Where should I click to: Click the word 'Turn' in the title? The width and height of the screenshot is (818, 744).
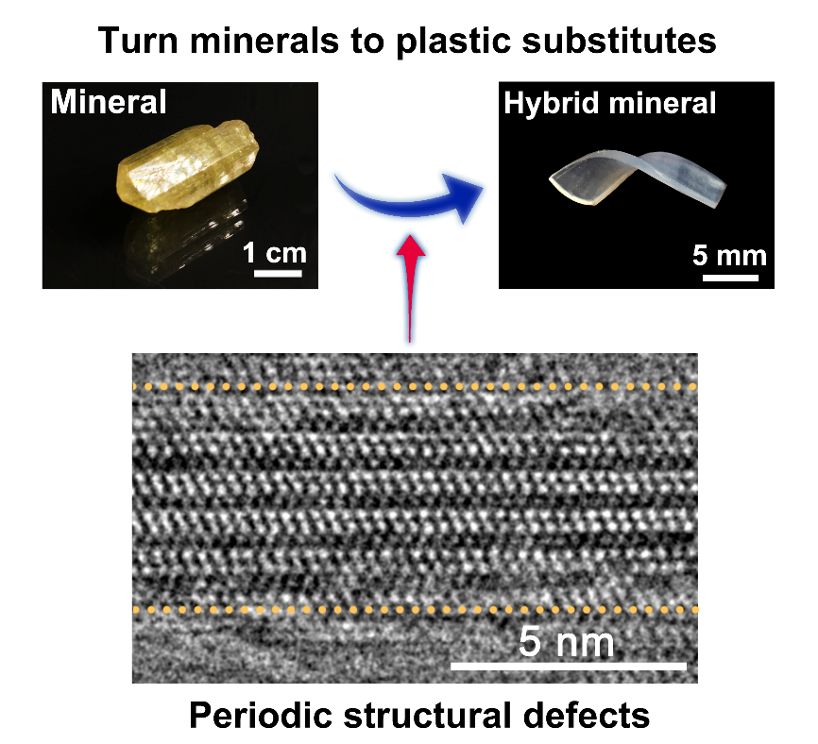138,41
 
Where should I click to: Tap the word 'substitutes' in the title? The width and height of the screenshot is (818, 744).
619,41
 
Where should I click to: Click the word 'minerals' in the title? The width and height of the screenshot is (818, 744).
264,41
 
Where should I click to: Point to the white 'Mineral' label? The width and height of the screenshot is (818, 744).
109,101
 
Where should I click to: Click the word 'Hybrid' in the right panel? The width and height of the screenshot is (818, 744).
551,104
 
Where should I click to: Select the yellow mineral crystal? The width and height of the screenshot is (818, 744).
188,166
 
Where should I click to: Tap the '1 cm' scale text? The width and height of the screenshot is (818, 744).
275,253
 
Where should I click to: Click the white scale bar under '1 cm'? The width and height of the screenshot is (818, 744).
278,273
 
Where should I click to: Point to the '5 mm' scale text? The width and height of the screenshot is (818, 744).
729,256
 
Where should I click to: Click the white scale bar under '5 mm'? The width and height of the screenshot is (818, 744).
730,278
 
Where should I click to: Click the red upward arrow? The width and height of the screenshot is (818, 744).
410,288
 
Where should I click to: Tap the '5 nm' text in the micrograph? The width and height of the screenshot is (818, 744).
567,642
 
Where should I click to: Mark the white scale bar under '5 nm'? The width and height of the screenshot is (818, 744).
569,666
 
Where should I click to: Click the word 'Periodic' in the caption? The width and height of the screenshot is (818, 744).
261,715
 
